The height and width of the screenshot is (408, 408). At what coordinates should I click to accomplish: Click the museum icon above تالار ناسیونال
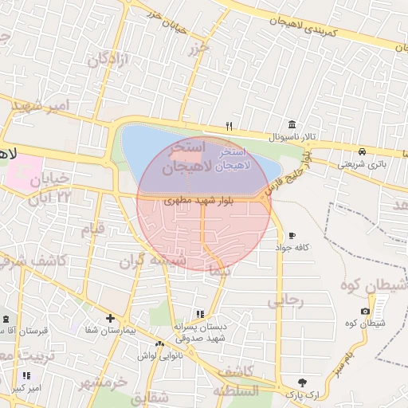tap(292, 125)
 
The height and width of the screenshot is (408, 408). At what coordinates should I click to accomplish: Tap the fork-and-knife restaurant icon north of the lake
tap(229, 125)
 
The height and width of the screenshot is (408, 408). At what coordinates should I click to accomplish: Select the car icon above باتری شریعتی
tap(362, 151)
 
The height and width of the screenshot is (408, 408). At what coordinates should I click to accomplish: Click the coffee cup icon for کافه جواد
tap(292, 236)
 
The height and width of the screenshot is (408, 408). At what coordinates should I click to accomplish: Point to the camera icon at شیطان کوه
tap(365, 311)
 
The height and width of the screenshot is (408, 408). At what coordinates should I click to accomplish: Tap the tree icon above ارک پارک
tap(301, 382)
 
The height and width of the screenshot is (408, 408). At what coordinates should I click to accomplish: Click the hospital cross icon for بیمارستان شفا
tap(111, 318)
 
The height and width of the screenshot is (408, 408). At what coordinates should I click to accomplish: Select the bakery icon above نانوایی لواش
tap(160, 344)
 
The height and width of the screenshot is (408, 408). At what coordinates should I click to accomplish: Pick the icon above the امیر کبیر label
tap(27, 375)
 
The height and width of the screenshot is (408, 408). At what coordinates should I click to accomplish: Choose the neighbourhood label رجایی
tap(284, 301)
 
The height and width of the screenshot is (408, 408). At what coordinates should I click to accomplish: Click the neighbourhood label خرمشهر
tap(104, 383)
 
